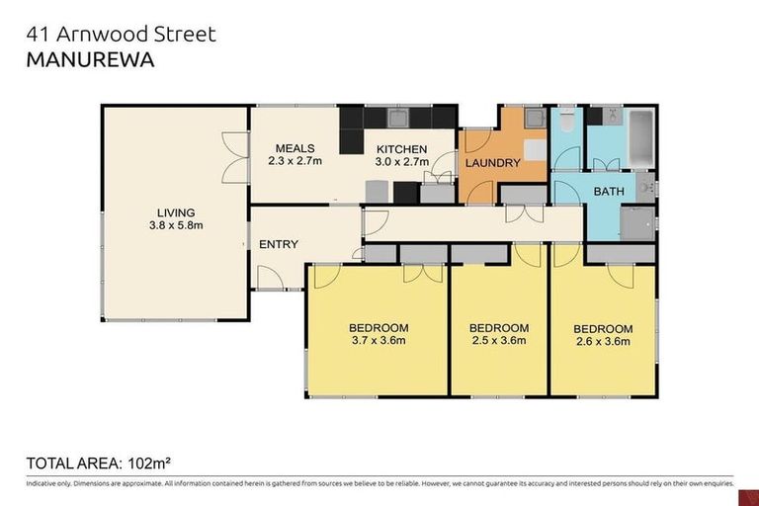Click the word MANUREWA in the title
tap(88, 59)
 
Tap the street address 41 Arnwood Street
tap(120, 34)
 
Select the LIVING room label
tap(175, 211)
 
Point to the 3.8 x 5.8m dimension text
tap(175, 225)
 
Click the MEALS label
tap(295, 148)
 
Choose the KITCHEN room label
tap(401, 148)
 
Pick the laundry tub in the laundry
tap(534, 119)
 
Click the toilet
tap(567, 123)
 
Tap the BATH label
tap(608, 191)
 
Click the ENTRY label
tap(279, 244)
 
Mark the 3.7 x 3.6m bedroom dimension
tap(378, 342)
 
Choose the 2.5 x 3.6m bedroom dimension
tap(498, 342)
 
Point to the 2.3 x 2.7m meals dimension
tap(295, 161)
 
